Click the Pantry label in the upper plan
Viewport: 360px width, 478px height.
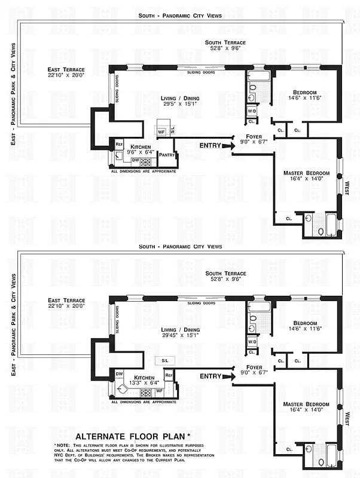[166, 155]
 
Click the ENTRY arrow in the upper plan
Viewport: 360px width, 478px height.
[228, 145]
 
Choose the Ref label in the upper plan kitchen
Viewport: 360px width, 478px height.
[119, 145]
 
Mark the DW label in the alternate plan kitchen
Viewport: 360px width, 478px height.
[119, 374]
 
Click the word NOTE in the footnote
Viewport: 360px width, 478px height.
[63, 446]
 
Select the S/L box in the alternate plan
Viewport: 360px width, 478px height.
[163, 360]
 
